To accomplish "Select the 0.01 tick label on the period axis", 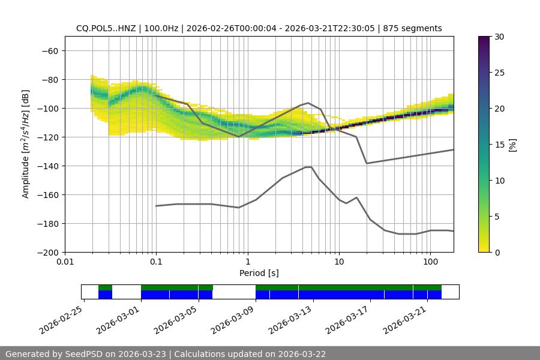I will tap(65, 262).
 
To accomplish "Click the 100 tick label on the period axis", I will tap(430, 262).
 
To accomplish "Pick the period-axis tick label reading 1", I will tap(247, 262).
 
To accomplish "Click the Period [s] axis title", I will tap(259, 273).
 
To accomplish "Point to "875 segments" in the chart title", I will tap(414, 28).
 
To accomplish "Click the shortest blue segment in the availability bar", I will tap(105, 295).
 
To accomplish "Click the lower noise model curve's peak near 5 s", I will tap(308, 167).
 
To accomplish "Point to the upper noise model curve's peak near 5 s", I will tap(308, 103).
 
